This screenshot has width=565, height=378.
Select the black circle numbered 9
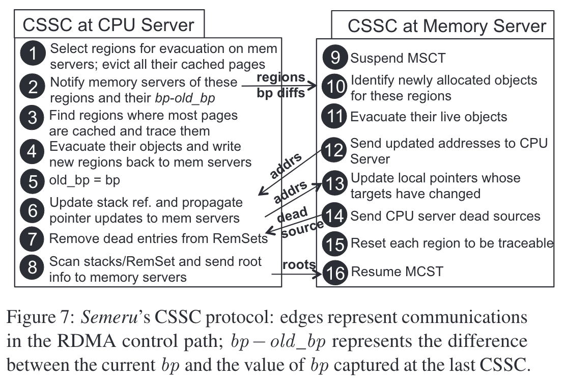(x=335, y=57)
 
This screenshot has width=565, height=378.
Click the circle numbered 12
(x=335, y=150)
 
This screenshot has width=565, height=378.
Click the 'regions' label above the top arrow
(x=281, y=77)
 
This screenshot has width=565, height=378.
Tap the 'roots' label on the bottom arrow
(x=299, y=264)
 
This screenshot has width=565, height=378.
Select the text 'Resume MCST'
(x=397, y=271)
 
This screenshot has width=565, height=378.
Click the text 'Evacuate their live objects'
(x=429, y=117)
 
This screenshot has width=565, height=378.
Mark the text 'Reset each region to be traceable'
(x=451, y=243)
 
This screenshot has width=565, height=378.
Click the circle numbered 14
(x=335, y=215)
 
